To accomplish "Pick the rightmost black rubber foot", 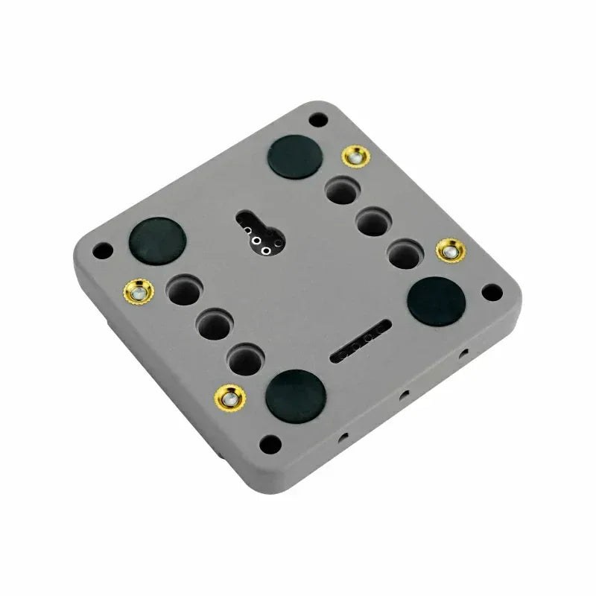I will pyautogui.click(x=437, y=299).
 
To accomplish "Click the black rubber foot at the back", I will pyautogui.click(x=296, y=157).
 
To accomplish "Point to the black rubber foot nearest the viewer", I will pyautogui.click(x=296, y=391).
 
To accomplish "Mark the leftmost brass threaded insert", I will pyautogui.click(x=139, y=291).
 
